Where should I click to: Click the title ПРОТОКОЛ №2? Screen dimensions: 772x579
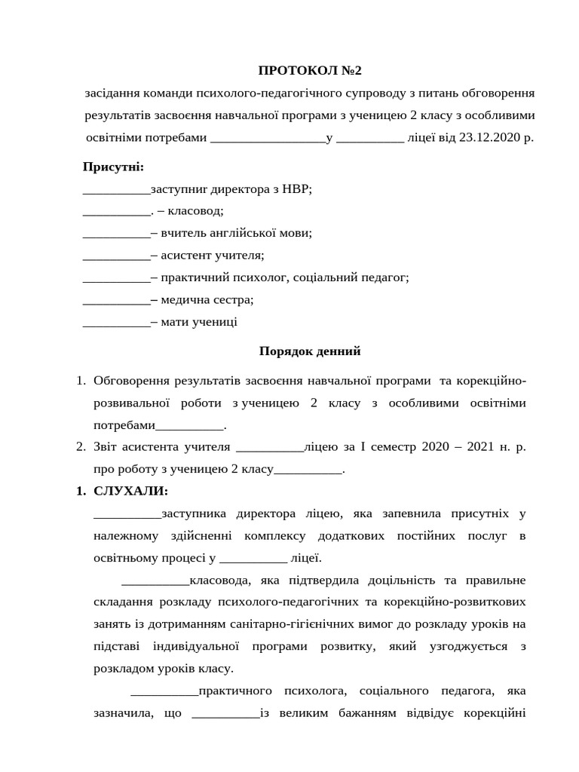[310, 71]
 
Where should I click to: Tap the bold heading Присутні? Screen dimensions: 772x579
[113, 167]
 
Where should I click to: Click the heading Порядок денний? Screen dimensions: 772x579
[310, 351]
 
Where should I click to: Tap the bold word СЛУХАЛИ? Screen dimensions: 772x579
[131, 491]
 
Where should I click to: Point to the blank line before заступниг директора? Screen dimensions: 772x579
[117, 189]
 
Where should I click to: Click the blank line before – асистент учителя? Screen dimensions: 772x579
[117, 256]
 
